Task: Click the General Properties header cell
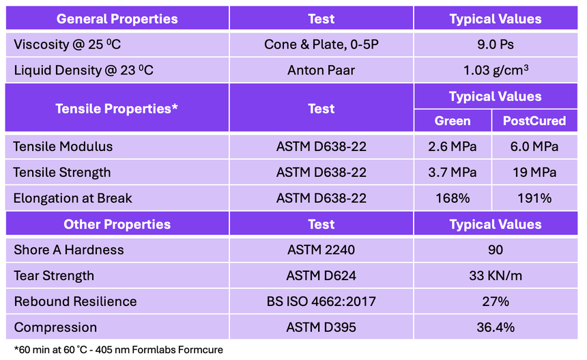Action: pos(117,18)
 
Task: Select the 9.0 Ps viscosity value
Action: pos(496,44)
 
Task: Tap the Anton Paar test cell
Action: pos(321,70)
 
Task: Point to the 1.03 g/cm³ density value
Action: pos(496,70)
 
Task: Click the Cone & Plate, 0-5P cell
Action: pos(321,44)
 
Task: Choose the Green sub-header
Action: pos(453,121)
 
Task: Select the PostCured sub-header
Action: pos(534,121)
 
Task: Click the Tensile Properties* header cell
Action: pos(117,109)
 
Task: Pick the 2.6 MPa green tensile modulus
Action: pos(453,146)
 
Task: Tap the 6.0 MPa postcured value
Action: pos(534,146)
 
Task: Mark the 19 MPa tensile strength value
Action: pos(534,172)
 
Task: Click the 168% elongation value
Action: pos(453,198)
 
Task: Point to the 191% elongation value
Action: pos(534,198)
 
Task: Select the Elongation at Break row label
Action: pos(72,198)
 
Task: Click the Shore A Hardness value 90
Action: pos(496,250)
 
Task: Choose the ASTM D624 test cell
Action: pos(321,276)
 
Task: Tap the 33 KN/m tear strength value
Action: pos(496,276)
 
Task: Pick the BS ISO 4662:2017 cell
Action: pos(321,301)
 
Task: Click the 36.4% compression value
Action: pos(496,327)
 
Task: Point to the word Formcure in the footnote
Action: pos(200,350)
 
